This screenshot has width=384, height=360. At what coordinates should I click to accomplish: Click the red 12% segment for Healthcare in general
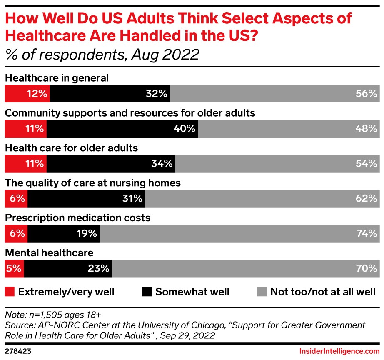[x=27, y=94]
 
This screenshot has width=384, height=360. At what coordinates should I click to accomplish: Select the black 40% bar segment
[x=122, y=129]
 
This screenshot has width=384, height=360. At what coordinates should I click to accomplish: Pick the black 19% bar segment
[x=63, y=234]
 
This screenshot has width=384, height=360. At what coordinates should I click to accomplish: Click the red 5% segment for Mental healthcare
[x=14, y=269]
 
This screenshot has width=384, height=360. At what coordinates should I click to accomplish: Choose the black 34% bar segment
[x=111, y=164]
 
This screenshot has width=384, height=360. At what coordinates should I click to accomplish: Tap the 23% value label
[x=99, y=269]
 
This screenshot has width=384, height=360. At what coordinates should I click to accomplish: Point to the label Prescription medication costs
[x=77, y=218]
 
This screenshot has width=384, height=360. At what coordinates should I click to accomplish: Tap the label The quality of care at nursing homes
[x=92, y=183]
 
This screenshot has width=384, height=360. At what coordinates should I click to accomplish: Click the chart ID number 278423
[x=17, y=351]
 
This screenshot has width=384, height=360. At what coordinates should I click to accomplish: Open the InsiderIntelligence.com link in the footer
[x=339, y=351]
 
